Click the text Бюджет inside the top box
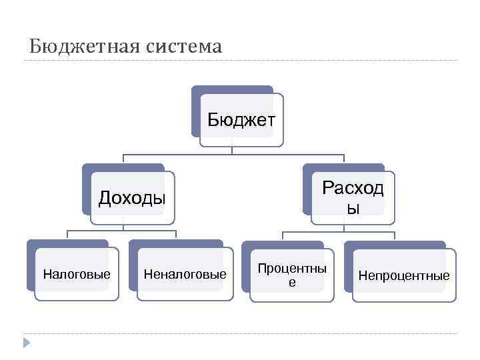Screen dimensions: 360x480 (x=241, y=120)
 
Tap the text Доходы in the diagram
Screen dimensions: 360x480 (x=132, y=198)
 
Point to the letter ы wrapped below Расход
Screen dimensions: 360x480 (x=353, y=209)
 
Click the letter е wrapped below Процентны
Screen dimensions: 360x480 (x=292, y=282)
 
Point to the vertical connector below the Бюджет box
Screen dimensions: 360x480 (x=231, y=151)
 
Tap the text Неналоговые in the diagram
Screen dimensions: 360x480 (x=185, y=274)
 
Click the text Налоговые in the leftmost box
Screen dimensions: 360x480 (x=77, y=274)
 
